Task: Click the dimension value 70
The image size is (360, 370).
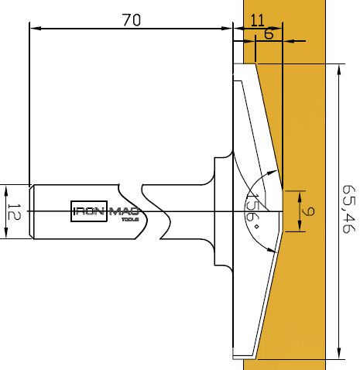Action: tap(132, 20)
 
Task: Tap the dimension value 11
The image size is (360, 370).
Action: tap(258, 20)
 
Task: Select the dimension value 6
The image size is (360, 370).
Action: tap(269, 33)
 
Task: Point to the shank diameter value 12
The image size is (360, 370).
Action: tap(13, 211)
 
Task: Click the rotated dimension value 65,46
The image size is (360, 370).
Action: tap(349, 209)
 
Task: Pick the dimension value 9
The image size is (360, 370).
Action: tap(308, 211)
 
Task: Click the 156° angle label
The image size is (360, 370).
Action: tap(252, 211)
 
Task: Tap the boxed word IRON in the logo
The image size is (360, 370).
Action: tap(89, 211)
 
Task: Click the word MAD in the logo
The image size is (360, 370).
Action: tap(125, 211)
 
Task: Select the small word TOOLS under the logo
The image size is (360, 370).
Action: tap(130, 220)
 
